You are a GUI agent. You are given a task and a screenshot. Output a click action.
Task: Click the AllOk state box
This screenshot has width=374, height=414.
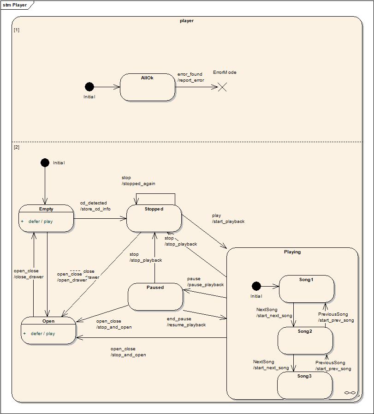[147, 87]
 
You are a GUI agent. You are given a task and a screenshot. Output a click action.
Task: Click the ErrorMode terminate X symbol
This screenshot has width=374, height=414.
[222, 87]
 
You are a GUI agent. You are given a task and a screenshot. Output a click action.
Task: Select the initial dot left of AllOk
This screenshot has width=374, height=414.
[89, 87]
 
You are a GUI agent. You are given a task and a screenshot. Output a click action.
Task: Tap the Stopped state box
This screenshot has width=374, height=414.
[154, 218]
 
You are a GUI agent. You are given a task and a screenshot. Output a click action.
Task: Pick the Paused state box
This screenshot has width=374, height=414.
[155, 297]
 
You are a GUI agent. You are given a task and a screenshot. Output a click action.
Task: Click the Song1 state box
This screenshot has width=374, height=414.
[306, 289]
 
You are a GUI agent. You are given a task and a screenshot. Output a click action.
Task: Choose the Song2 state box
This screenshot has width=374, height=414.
[305, 341]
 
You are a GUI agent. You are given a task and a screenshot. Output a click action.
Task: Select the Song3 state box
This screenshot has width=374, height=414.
[304, 385]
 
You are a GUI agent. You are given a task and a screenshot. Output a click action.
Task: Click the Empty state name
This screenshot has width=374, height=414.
[46, 209]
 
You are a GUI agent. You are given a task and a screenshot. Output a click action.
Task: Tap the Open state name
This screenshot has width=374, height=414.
[48, 321]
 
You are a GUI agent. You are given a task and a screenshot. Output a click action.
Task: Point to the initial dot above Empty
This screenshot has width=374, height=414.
[45, 162]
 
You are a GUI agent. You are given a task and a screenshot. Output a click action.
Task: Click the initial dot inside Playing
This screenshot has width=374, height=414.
[256, 286]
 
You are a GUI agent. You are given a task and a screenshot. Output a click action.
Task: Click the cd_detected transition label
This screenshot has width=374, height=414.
[93, 203]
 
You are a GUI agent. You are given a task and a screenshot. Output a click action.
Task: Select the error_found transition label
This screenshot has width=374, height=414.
[190, 74]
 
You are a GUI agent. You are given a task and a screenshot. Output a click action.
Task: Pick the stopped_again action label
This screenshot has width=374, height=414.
[138, 184]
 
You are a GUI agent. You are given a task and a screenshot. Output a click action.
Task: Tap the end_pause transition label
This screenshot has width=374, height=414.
[179, 319]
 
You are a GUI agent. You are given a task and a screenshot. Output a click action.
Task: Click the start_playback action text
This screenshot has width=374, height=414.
[228, 222]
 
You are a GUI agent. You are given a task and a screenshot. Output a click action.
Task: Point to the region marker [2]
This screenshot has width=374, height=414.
[17, 147]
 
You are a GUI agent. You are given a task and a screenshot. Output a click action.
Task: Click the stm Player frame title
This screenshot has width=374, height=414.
[15, 5]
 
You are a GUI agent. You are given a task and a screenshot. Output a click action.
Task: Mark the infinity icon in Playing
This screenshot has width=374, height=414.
[350, 393]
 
